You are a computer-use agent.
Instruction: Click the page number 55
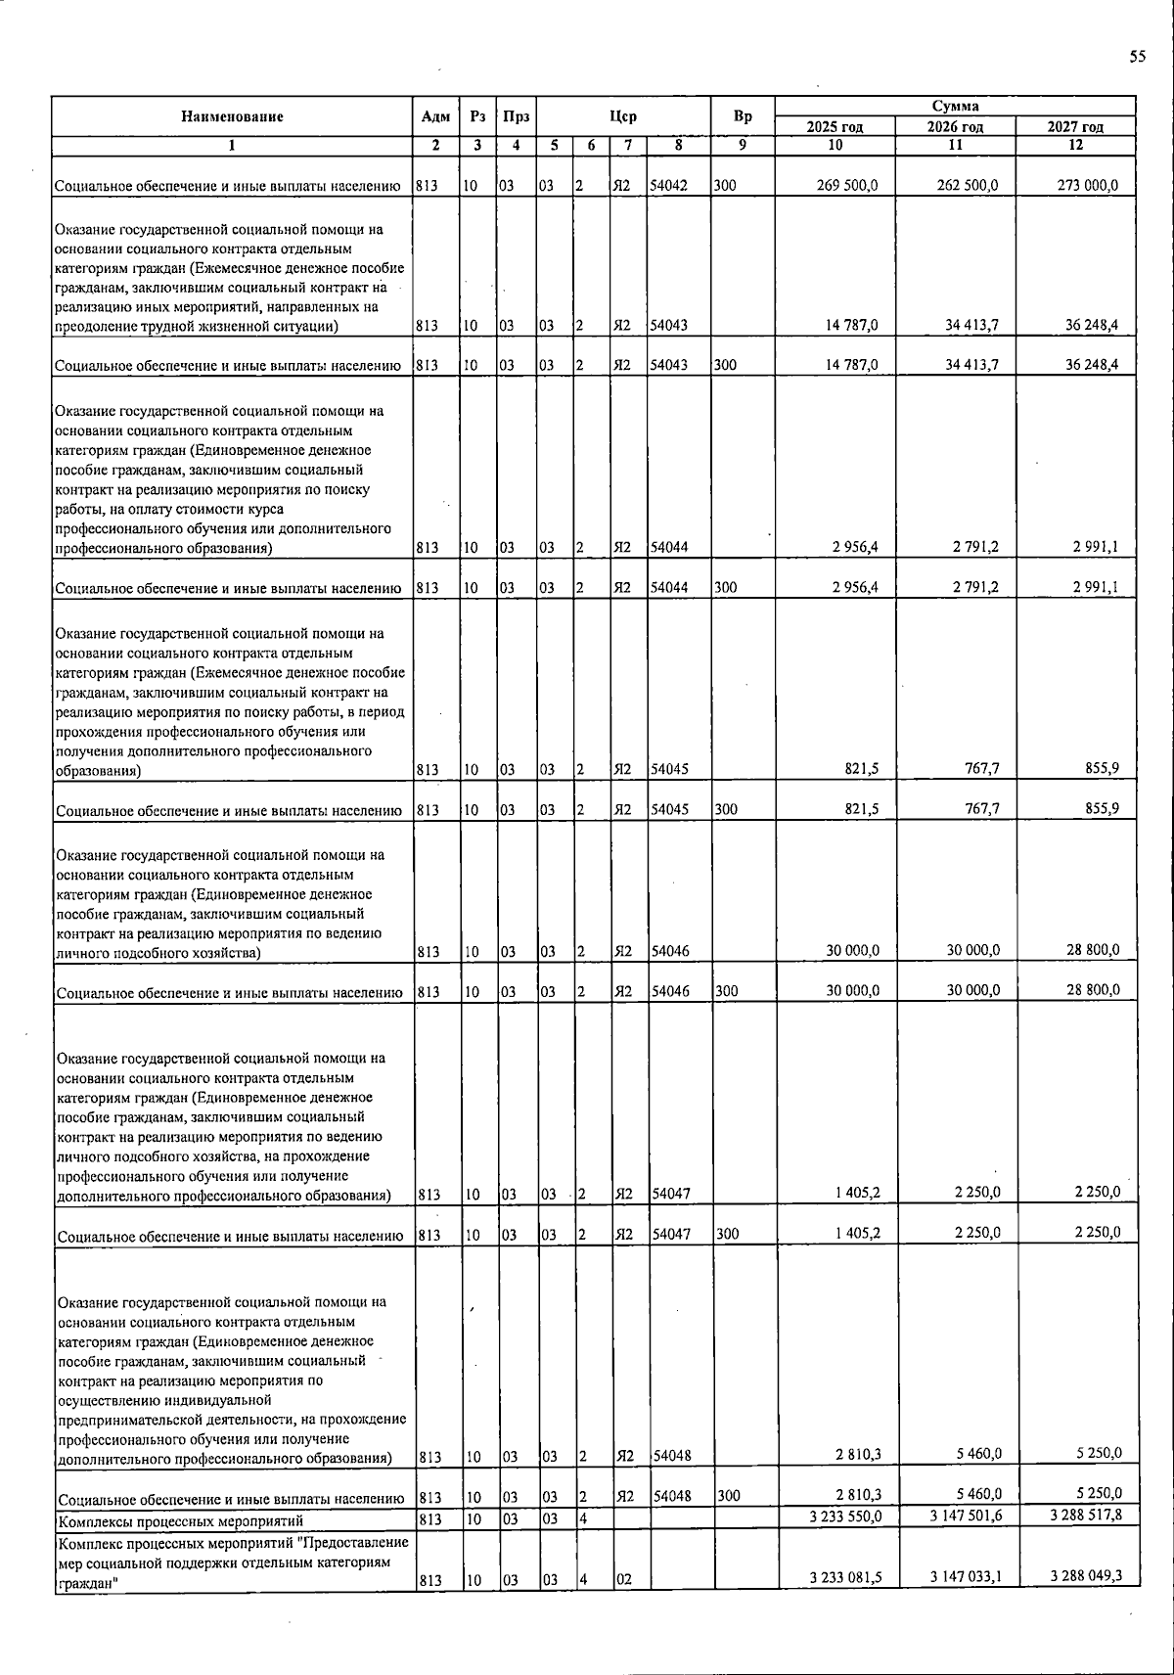tap(1137, 57)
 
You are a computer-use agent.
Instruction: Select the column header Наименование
tap(232, 116)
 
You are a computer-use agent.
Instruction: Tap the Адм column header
tap(435, 116)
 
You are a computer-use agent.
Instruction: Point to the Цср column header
tap(623, 116)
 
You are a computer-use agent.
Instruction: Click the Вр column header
tap(743, 116)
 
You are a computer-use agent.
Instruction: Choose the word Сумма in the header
tap(955, 106)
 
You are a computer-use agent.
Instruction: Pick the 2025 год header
tap(835, 127)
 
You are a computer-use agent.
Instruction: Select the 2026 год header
tap(955, 127)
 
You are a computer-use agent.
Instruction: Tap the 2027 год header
tap(1075, 127)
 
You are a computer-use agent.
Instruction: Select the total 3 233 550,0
tap(846, 1516)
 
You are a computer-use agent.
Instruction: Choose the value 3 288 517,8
tap(1085, 1516)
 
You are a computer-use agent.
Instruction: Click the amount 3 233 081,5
tap(846, 1576)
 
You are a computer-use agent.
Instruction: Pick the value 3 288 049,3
tap(1085, 1575)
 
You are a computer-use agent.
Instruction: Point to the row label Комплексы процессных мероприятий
tap(180, 1520)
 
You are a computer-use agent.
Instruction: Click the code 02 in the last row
tap(623, 1580)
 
